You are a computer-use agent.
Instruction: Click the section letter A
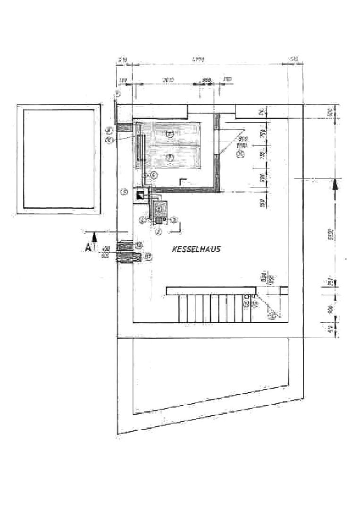(x=88, y=246)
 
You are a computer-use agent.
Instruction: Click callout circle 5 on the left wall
(x=124, y=191)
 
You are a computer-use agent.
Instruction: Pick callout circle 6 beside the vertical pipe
(x=154, y=174)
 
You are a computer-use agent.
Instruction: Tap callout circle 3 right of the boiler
(x=174, y=219)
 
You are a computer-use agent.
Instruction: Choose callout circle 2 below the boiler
(x=159, y=231)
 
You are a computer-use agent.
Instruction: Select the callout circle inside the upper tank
(x=171, y=134)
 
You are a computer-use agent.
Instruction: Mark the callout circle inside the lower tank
(x=171, y=157)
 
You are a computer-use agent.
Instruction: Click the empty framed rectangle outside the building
(x=59, y=159)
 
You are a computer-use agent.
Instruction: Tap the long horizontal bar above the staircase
(x=212, y=290)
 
